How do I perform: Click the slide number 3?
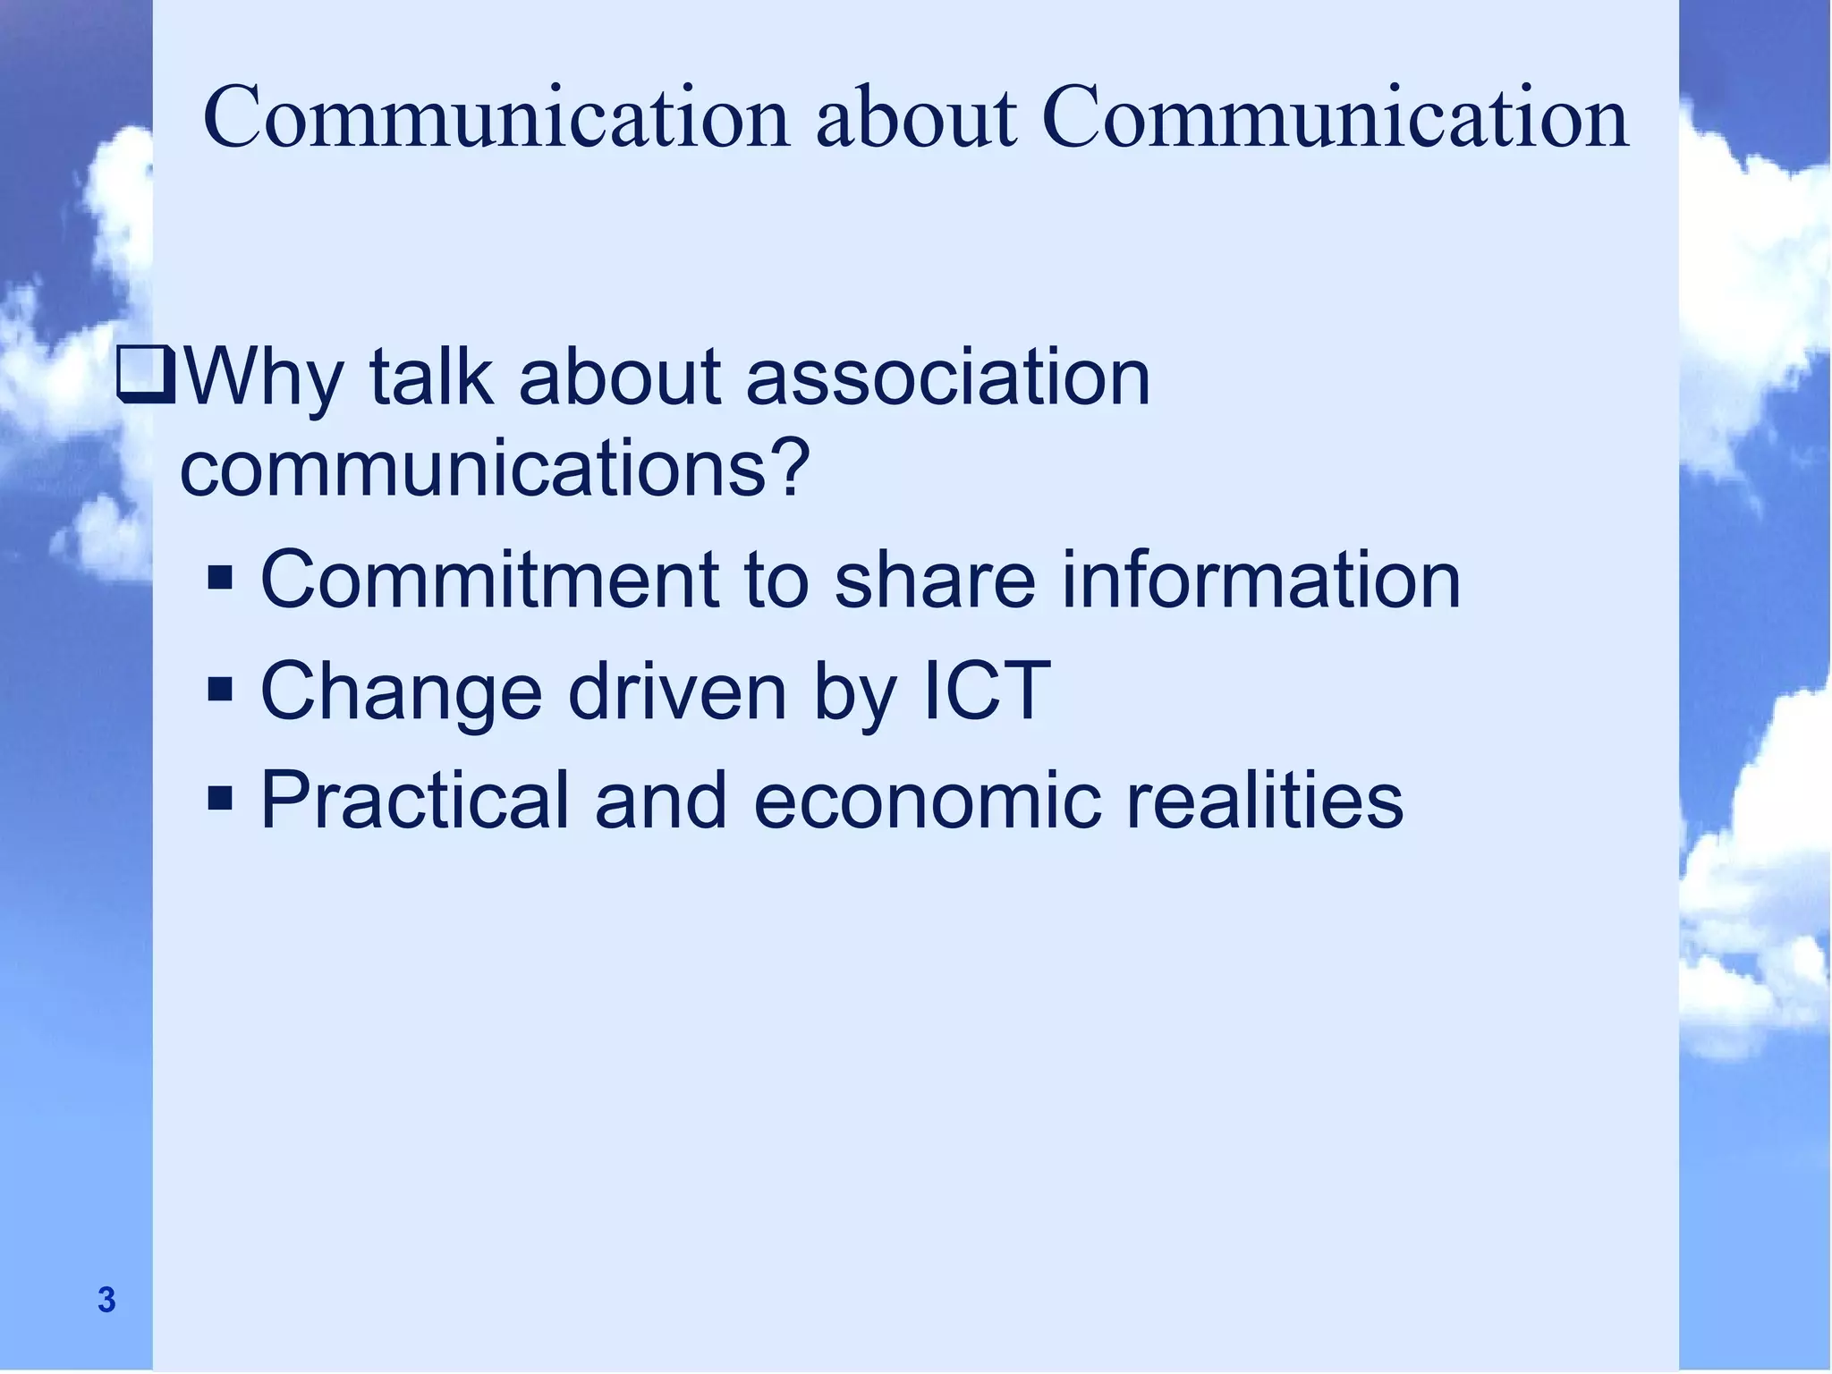106,1300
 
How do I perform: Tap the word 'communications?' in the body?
495,469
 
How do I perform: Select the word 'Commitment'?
489,580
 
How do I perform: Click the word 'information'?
1261,580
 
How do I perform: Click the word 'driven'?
677,690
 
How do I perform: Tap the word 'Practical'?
414,800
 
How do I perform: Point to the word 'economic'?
926,800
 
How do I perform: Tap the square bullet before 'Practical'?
220,797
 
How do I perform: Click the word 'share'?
935,580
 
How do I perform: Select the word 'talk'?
430,377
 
